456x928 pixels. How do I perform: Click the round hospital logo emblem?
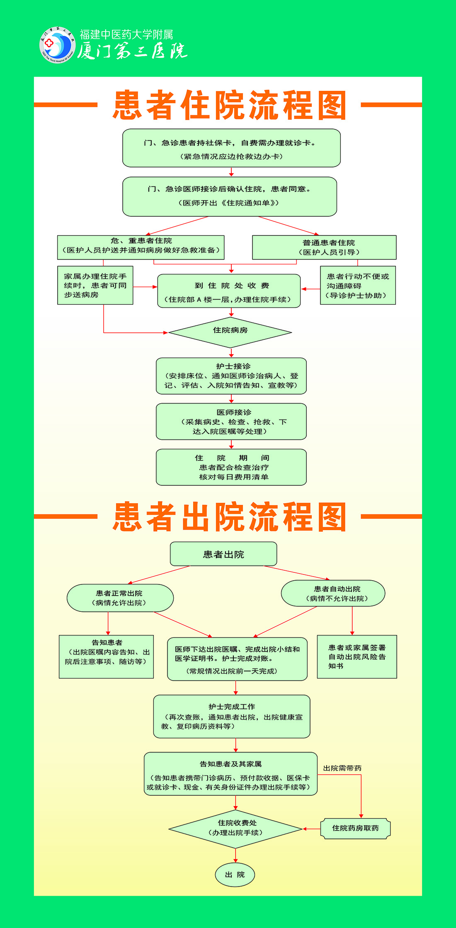point(57,45)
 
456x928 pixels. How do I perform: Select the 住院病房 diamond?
point(230,332)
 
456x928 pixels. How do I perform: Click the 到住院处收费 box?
point(229,291)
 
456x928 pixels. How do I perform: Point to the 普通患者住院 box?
point(324,247)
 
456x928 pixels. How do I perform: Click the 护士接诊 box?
point(231,376)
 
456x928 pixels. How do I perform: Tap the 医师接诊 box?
point(231,422)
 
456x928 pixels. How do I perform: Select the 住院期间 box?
point(231,467)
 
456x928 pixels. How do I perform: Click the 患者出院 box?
point(223,554)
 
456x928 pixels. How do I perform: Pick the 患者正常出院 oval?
point(120,598)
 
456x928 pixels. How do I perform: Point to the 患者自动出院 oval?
point(333,594)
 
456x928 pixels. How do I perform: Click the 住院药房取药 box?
point(355,829)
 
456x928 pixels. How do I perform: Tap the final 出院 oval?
point(235,875)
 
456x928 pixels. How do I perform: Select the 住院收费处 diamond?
point(235,829)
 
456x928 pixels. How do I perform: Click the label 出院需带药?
point(342,768)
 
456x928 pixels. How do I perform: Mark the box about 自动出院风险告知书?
point(357,657)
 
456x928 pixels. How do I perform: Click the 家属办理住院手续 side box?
point(95,286)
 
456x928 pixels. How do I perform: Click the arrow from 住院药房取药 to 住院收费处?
point(311,829)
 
